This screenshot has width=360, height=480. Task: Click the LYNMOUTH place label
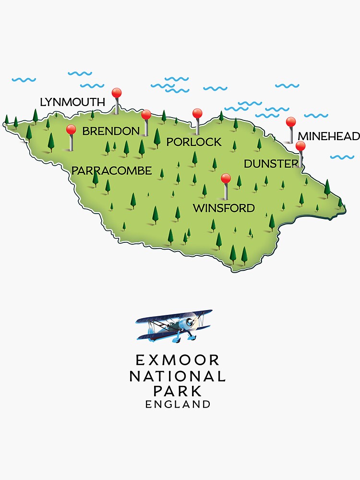(x=72, y=102)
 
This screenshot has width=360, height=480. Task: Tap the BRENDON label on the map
(x=111, y=131)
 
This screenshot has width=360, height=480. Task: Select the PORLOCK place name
(x=194, y=142)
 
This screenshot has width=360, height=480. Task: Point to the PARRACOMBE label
(x=111, y=170)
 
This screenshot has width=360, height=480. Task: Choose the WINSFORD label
(x=223, y=208)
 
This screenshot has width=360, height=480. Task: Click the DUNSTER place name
(x=271, y=164)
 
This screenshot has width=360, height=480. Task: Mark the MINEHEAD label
(x=328, y=136)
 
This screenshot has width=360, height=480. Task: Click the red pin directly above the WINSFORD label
(x=226, y=179)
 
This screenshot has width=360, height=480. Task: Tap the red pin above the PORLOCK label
(x=197, y=114)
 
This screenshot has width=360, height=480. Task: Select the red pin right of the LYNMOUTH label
(x=117, y=93)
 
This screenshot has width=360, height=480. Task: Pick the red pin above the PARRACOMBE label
(x=71, y=130)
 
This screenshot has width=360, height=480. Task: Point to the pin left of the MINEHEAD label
(x=290, y=122)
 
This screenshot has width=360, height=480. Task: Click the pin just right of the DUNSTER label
(x=300, y=146)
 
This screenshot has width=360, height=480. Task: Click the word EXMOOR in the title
(x=178, y=360)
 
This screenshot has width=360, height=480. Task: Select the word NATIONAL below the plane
(x=178, y=376)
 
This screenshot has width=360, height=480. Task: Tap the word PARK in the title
(x=178, y=391)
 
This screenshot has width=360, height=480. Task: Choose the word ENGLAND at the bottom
(x=178, y=404)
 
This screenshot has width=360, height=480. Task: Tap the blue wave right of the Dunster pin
(x=342, y=157)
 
